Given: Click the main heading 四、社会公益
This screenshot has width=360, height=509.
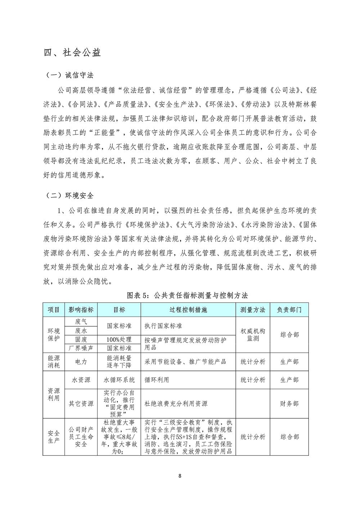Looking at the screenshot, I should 72,53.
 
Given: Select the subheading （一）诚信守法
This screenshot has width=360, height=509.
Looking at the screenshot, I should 69,75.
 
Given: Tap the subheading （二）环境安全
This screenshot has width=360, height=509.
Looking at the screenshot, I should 69,196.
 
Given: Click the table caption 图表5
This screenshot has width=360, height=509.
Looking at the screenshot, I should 188,295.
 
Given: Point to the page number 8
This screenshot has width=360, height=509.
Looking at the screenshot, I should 180,477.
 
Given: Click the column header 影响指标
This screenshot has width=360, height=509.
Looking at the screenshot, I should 81,310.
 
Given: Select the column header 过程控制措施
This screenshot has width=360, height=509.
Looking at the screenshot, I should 188,310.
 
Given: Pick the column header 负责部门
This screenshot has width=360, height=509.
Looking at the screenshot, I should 289,310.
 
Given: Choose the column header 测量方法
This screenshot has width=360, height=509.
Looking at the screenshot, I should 253,310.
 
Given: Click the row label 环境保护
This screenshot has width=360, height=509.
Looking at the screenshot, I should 54,335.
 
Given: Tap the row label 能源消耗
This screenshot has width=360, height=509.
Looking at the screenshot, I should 54,362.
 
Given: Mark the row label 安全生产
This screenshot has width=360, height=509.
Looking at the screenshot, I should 54,437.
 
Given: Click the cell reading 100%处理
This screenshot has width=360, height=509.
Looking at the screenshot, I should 119,340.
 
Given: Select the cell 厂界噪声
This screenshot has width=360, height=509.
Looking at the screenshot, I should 81,348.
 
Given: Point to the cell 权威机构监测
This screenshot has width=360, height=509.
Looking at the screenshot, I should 253,335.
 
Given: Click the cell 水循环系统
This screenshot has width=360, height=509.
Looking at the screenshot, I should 119,380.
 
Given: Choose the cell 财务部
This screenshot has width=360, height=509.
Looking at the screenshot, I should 289,404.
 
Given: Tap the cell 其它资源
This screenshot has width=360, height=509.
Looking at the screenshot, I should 81,404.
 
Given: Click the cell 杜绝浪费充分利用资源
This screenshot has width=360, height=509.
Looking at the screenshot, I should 176,404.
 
